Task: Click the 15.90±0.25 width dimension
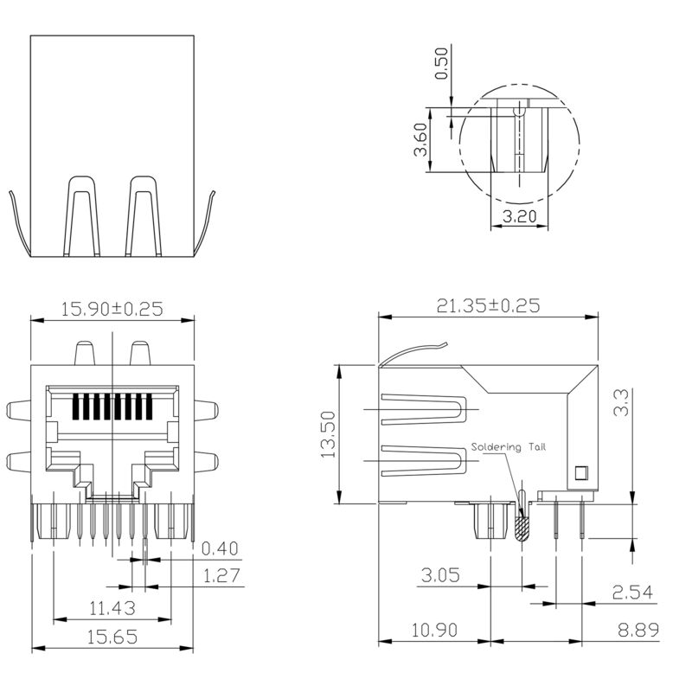(112, 307)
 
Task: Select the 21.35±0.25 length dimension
(488, 305)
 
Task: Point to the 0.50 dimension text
(442, 63)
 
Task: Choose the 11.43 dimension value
(111, 608)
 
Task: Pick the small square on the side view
(580, 471)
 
